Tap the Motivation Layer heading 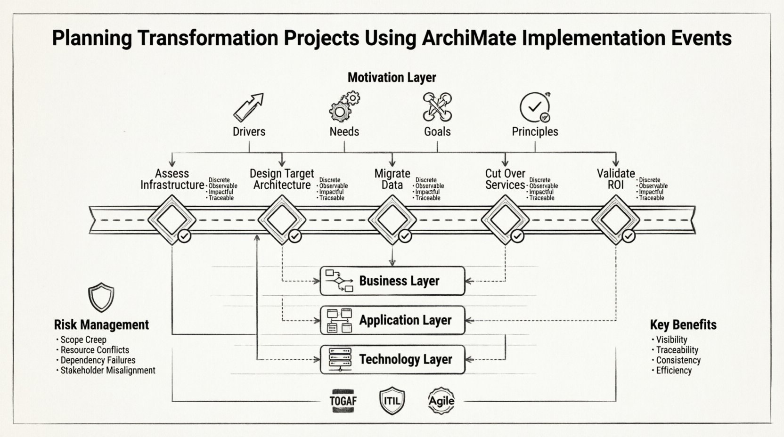click(x=392, y=77)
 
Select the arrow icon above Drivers click(x=248, y=107)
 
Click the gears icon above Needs click(x=344, y=106)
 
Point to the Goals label click(x=437, y=131)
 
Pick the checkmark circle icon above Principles click(x=535, y=107)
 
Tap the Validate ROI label click(x=616, y=179)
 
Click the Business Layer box click(x=392, y=281)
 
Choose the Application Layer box click(x=392, y=320)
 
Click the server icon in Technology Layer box click(x=339, y=360)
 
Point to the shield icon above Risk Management click(x=101, y=297)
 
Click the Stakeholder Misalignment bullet click(x=107, y=370)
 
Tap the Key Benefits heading click(x=683, y=324)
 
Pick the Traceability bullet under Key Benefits click(x=677, y=350)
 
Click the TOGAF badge click(x=343, y=401)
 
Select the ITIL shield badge click(x=392, y=401)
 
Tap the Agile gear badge click(x=441, y=401)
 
